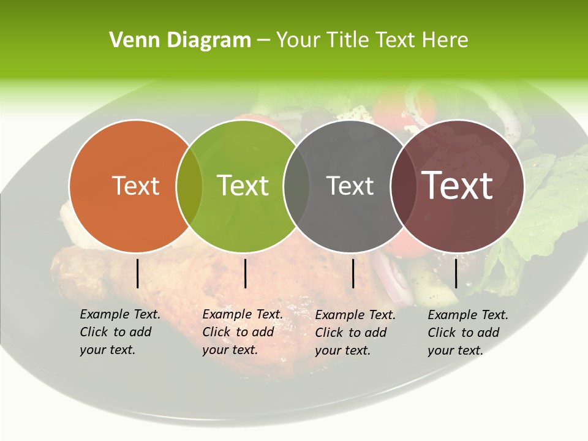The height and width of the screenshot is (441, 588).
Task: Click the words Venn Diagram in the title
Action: coord(179,40)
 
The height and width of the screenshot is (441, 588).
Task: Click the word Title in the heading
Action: coord(348,40)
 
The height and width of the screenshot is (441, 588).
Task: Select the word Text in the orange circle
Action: coord(135,186)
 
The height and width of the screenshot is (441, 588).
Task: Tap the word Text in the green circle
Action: coord(243,186)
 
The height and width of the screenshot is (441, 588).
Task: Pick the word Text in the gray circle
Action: coord(350,186)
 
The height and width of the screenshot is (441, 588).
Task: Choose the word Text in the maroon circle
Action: coord(458,186)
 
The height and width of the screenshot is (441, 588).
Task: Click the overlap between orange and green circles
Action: coord(189,186)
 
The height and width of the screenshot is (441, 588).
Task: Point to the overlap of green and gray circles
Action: coord(297,186)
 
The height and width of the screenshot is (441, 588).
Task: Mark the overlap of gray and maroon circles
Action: coord(401,186)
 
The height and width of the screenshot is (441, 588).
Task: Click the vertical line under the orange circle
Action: coord(138,273)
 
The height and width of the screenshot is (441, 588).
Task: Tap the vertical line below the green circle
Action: coord(245,273)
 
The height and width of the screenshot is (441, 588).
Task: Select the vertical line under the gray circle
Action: coord(353,273)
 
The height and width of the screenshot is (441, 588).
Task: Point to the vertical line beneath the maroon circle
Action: coord(456,273)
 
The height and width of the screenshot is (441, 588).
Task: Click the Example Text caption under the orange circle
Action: coord(119,332)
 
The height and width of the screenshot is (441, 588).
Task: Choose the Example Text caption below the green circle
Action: coord(242,332)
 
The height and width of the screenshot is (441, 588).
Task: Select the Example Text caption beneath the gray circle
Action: coord(355,333)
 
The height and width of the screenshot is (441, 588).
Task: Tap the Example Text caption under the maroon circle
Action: coord(467,333)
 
